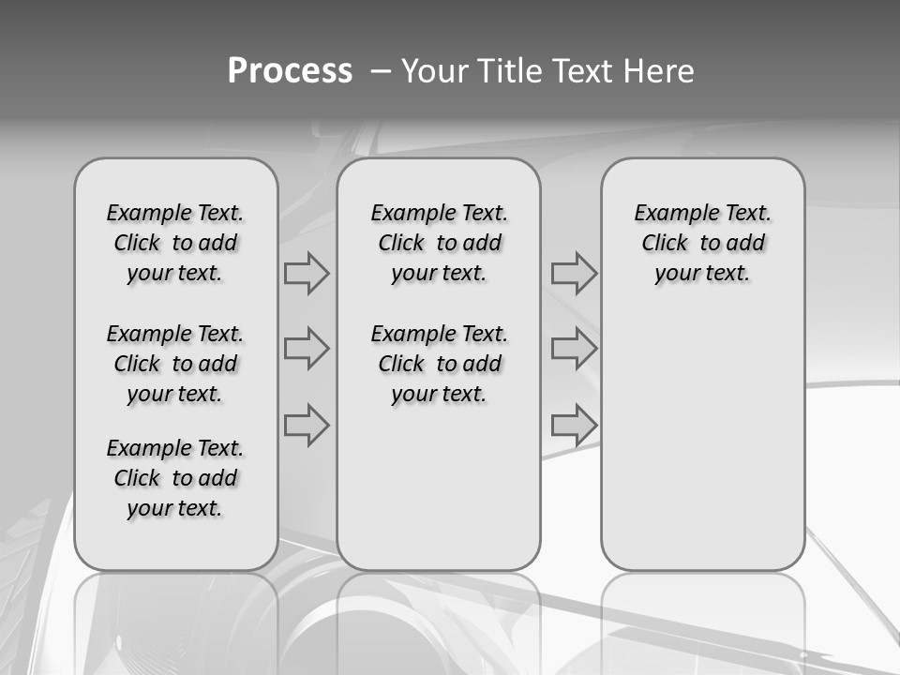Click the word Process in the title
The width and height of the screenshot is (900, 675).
click(290, 71)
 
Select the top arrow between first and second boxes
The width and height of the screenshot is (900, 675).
click(307, 274)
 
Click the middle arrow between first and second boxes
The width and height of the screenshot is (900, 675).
click(307, 350)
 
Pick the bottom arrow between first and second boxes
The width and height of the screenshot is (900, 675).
click(307, 425)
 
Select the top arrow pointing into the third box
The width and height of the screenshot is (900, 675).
click(574, 274)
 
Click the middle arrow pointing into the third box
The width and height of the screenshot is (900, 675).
click(574, 350)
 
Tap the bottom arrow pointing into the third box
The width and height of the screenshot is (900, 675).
click(574, 425)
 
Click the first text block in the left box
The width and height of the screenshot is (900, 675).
click(175, 243)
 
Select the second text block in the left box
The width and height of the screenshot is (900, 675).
click(175, 364)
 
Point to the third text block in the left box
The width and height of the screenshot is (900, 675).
click(175, 478)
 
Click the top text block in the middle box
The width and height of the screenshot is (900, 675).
click(439, 243)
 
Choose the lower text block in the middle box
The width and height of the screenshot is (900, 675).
click(439, 364)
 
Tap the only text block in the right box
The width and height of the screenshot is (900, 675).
click(703, 243)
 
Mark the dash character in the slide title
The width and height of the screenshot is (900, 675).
click(381, 71)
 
